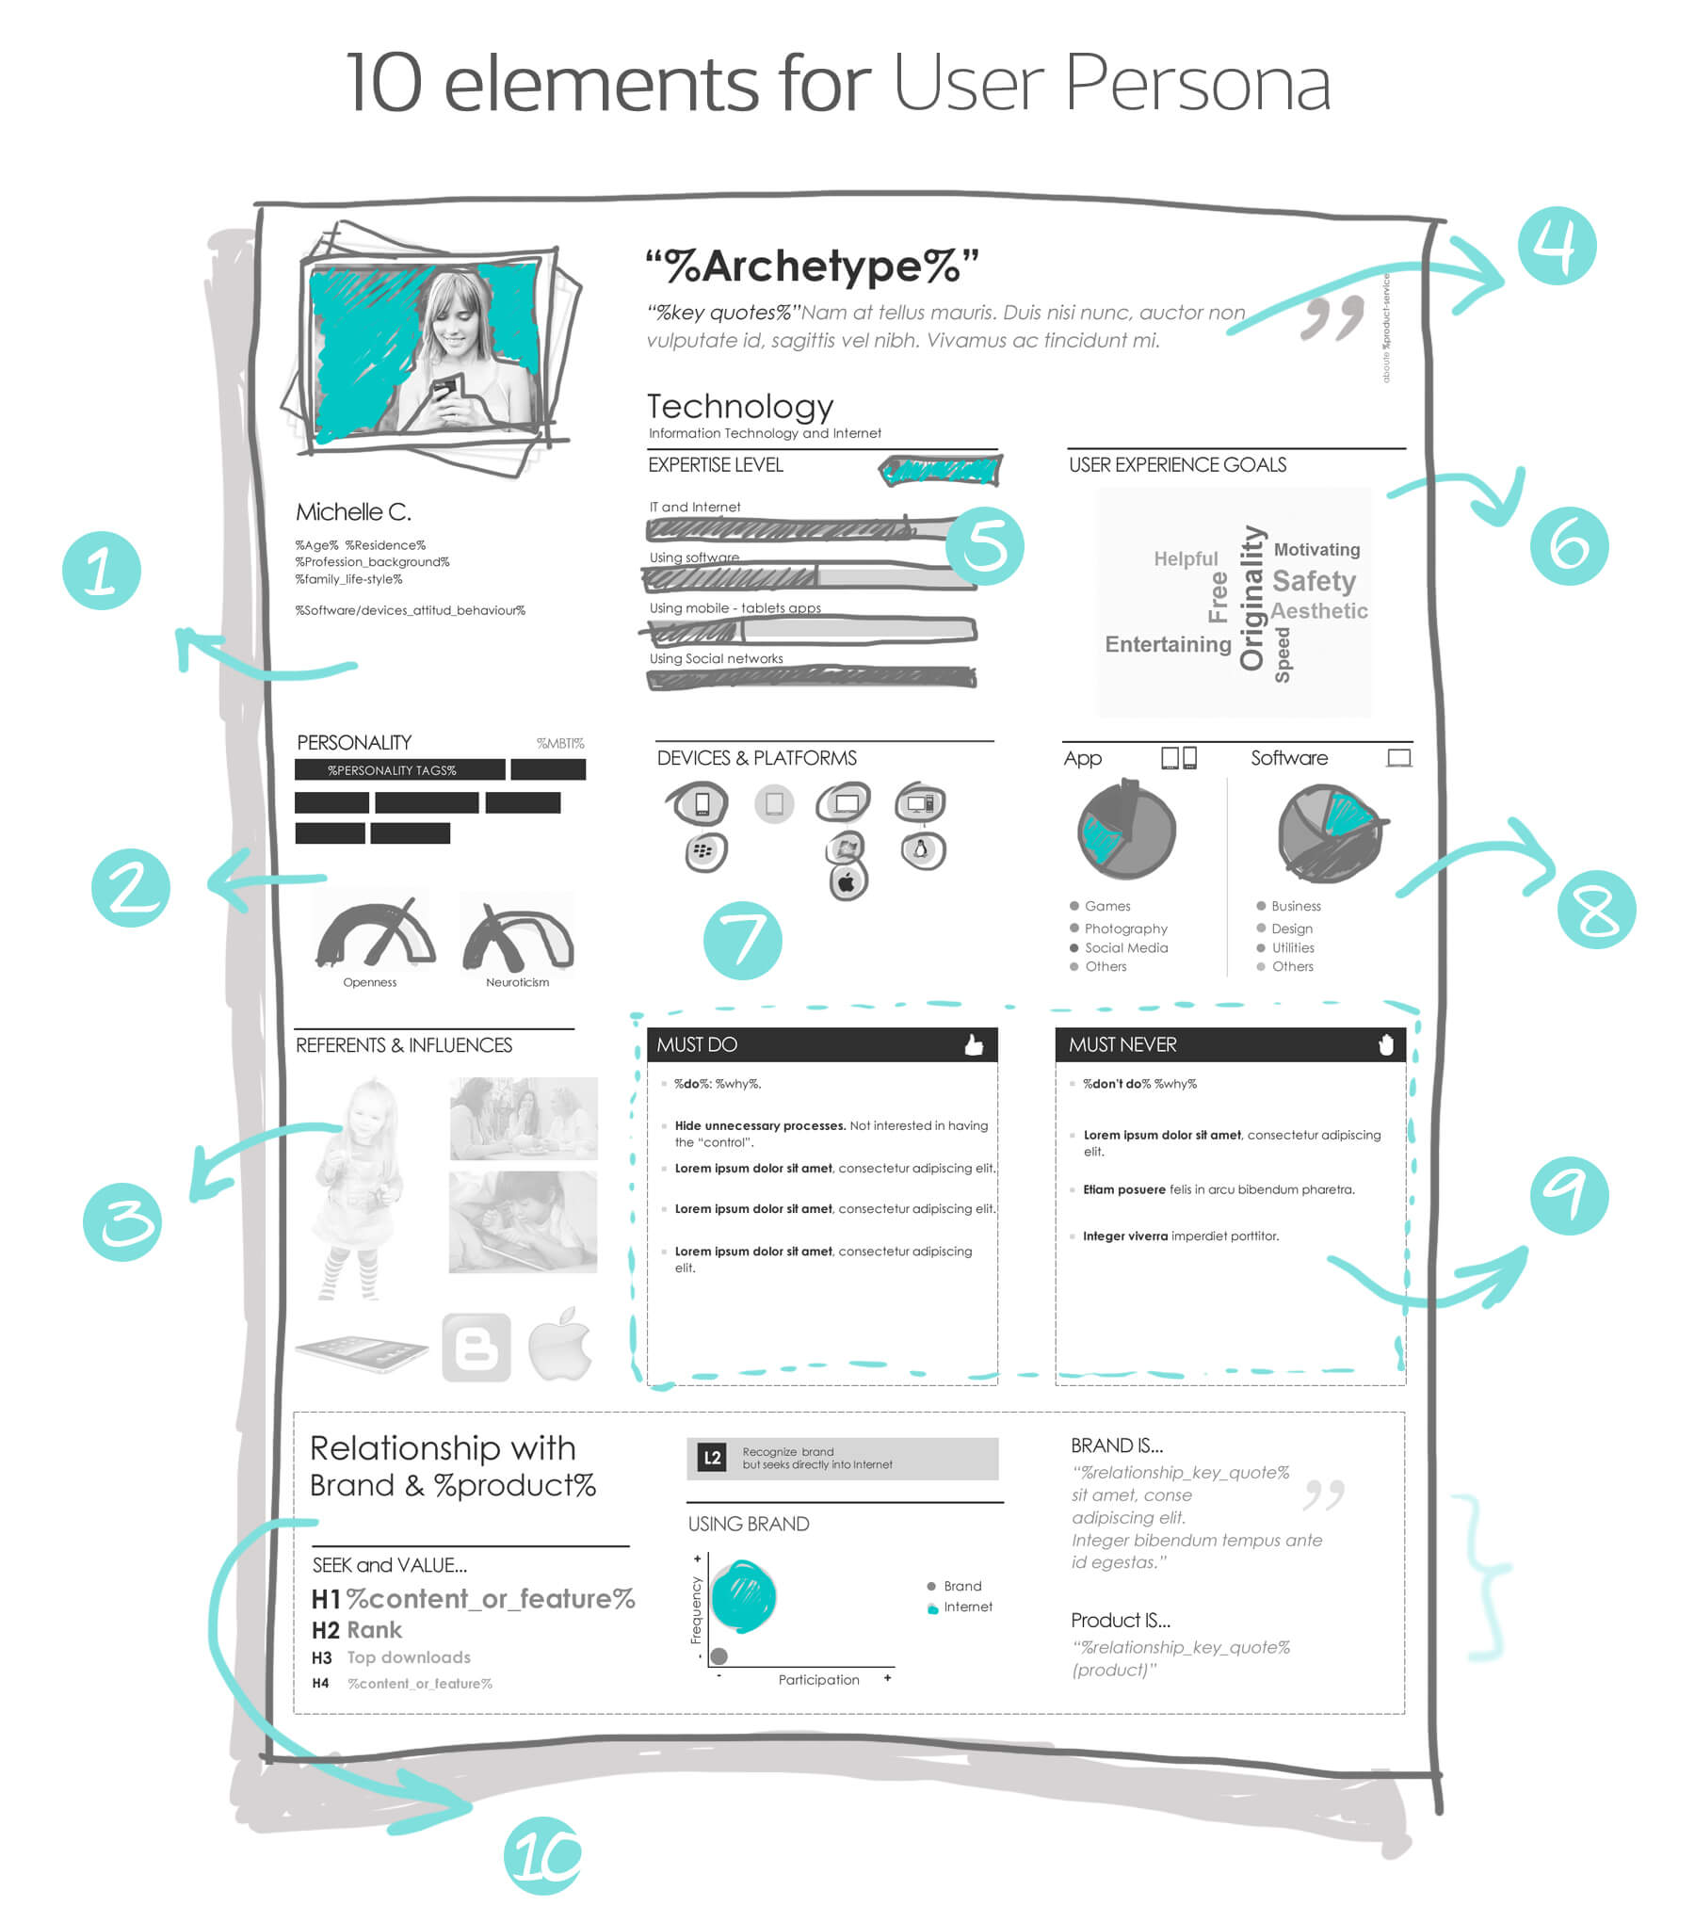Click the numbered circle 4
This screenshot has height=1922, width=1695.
[1557, 246]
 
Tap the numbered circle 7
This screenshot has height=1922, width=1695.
[742, 940]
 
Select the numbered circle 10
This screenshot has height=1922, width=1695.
[542, 1854]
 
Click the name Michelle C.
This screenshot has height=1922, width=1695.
[353, 512]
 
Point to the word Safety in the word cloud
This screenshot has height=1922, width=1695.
[1314, 581]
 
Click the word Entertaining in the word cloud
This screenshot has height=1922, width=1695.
[1168, 644]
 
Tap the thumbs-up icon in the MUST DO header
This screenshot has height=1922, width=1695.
[974, 1044]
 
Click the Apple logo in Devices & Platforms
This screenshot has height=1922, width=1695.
[847, 883]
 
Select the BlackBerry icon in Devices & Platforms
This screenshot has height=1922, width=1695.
[703, 851]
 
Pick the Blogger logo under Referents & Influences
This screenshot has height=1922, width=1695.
[476, 1348]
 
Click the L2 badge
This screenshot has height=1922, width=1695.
[712, 1459]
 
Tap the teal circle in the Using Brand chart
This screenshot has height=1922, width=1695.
[743, 1595]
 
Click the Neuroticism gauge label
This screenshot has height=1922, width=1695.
[517, 982]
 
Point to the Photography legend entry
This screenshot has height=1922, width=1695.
[1125, 929]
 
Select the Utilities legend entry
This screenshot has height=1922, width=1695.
[1293, 947]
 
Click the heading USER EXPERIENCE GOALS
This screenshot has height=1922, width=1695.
[1177, 465]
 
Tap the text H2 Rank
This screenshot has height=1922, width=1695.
[357, 1630]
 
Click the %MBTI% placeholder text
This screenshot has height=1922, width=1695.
[560, 744]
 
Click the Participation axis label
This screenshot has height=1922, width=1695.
[818, 1679]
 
